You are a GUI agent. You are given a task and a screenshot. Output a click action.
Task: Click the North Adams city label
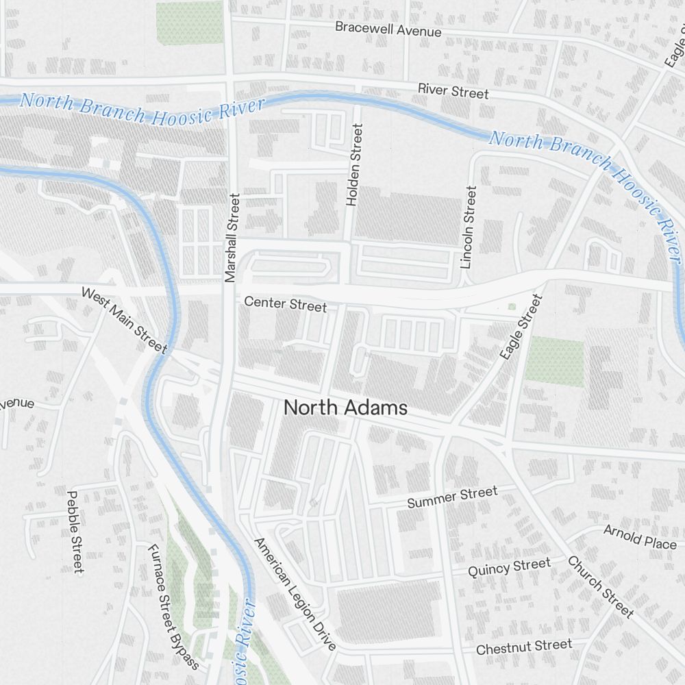click(345, 408)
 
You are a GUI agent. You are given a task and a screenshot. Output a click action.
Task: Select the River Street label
click(453, 91)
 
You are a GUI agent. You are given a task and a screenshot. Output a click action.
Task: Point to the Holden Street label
click(353, 164)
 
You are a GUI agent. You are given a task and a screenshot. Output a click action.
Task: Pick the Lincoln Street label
click(469, 227)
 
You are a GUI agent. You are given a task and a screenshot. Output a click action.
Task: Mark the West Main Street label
click(124, 320)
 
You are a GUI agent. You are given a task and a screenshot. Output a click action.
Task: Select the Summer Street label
click(452, 497)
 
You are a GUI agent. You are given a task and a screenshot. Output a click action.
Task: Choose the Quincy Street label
click(509, 567)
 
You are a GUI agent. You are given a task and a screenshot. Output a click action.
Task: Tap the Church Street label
click(600, 586)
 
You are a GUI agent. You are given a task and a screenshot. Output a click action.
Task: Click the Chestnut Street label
click(523, 647)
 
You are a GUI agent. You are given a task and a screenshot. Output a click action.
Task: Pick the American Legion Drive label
click(295, 594)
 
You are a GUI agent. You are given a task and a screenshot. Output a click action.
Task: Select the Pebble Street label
click(75, 531)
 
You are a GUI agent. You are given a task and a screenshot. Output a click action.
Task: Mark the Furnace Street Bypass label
click(173, 607)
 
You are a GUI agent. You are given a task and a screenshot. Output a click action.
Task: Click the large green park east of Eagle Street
click(555, 361)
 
